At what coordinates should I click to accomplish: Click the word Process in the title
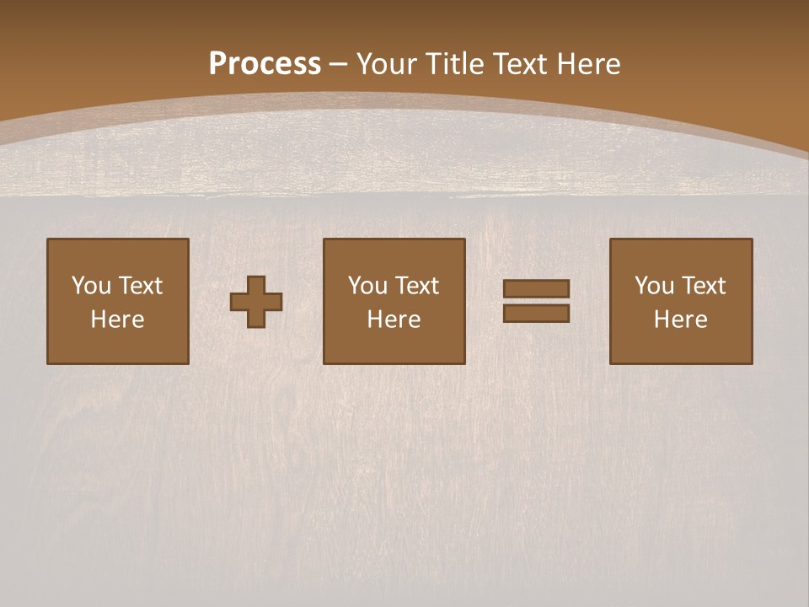[265, 64]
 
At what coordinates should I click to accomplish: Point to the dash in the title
[339, 65]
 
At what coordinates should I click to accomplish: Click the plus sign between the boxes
[256, 301]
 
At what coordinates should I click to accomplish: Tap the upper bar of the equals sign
[536, 288]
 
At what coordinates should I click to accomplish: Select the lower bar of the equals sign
[536, 313]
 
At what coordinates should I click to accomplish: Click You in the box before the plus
[91, 286]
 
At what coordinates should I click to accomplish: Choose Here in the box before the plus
[117, 320]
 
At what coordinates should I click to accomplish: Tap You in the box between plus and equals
[367, 286]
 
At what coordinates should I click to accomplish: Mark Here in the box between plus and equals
[394, 320]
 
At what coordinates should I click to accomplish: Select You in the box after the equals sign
[654, 286]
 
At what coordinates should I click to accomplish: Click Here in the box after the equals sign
[680, 320]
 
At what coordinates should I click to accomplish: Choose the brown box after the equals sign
[681, 346]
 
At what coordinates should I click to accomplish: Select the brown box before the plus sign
[118, 346]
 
